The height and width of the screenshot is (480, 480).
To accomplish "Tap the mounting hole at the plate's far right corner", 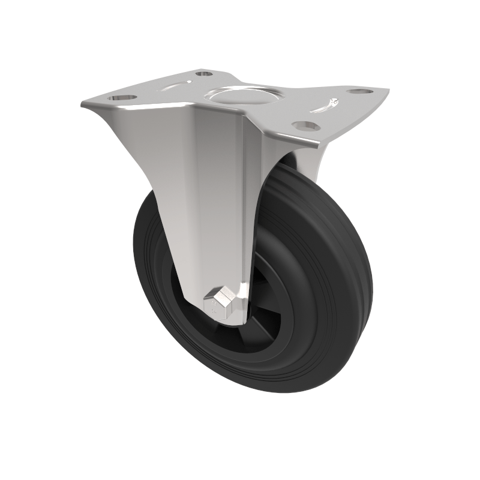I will tap(359, 92).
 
